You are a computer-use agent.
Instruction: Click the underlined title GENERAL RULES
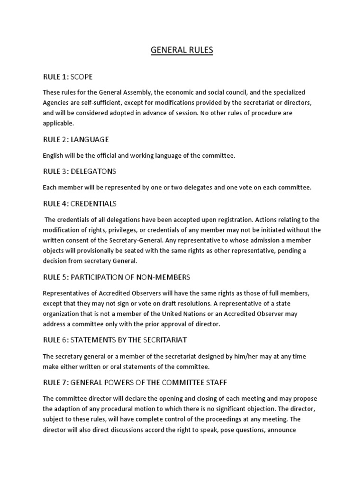[x=182, y=50]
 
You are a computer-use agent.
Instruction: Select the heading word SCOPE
[x=82, y=77]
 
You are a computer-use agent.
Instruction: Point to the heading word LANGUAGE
[x=90, y=140]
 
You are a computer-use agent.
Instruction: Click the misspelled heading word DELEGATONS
[x=93, y=171]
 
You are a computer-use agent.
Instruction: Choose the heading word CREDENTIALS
[x=93, y=204]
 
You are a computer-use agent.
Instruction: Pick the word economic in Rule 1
[x=182, y=92]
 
